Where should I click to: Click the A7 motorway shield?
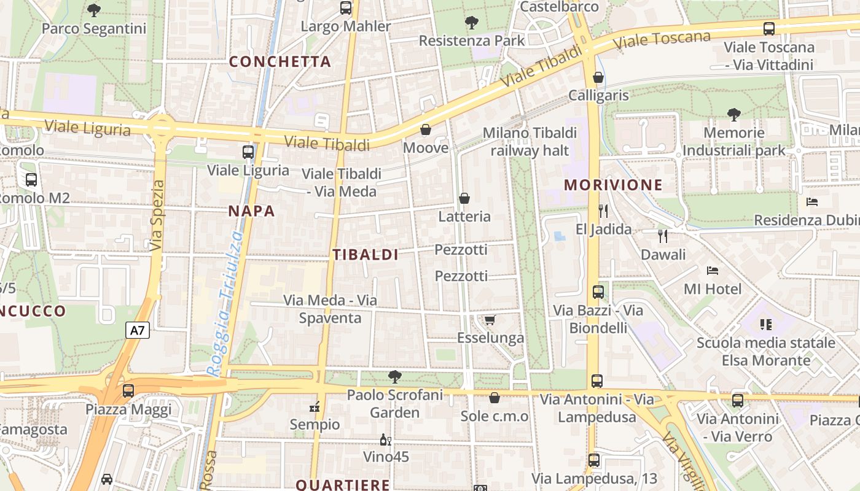point(138,330)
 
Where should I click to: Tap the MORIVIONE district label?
point(613,185)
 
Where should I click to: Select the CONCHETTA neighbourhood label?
point(280,61)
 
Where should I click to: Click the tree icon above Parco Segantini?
point(94,10)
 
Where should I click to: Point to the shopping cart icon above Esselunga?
point(490,320)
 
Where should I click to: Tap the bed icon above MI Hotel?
point(713,270)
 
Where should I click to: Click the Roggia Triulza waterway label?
point(225,304)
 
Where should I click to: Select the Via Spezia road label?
point(157,215)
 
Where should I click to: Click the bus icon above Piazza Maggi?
point(128,390)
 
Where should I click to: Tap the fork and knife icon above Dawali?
point(662,236)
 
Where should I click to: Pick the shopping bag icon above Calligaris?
point(598,77)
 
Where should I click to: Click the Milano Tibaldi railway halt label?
point(530,142)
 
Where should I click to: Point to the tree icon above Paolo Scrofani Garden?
point(394,376)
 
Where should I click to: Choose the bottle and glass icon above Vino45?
point(386,439)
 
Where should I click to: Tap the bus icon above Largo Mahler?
point(346,8)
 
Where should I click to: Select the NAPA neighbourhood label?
point(251,211)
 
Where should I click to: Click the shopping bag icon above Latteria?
point(464,198)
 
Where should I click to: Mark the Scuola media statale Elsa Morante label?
point(765,351)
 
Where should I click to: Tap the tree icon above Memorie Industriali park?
point(733,114)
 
